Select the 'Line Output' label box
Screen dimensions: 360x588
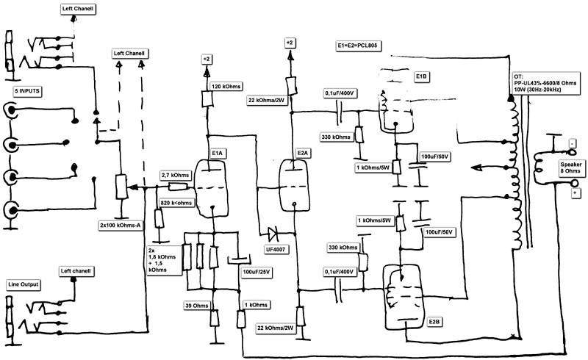[24, 284]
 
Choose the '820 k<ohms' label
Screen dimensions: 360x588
[176, 202]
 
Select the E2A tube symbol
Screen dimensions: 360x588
[293, 184]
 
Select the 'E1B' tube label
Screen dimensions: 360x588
[422, 76]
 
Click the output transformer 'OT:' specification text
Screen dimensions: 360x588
[545, 84]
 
